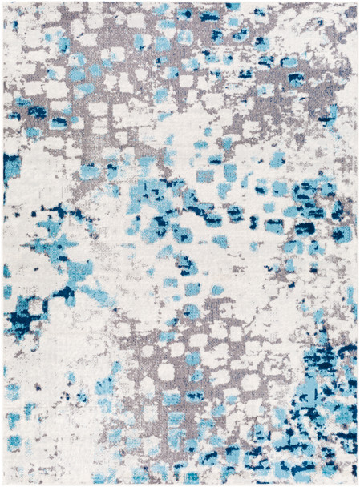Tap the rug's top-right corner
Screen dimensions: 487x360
point(356,3)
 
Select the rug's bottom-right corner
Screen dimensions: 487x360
point(356,484)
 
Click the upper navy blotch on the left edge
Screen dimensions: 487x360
point(11,166)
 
